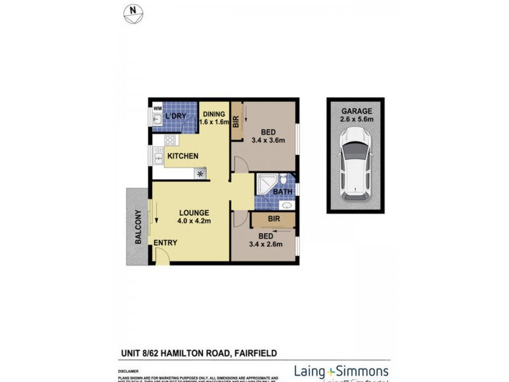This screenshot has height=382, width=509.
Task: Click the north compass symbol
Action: [x=132, y=13]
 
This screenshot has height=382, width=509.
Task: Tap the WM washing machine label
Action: [x=157, y=108]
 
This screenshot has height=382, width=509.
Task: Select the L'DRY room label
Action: [x=176, y=117]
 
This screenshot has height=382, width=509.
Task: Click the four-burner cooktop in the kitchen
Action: [x=171, y=140]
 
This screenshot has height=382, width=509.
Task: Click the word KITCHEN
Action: [x=183, y=156]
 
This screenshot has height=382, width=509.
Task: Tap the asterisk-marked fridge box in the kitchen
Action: [x=201, y=173]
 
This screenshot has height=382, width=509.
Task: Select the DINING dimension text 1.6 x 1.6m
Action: [x=214, y=122]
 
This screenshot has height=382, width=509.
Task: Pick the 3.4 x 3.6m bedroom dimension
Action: [x=268, y=141]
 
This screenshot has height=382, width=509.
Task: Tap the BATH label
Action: [x=282, y=191]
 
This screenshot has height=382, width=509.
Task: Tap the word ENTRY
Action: [x=165, y=243]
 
